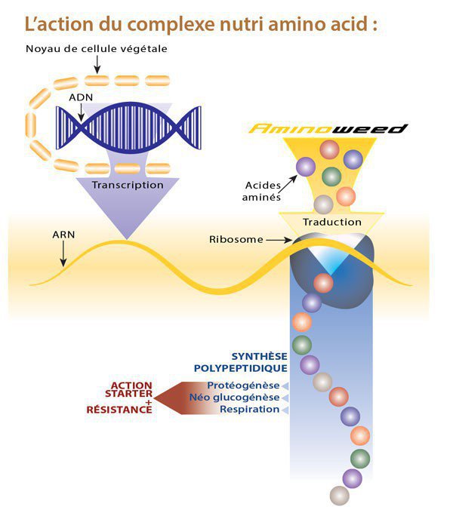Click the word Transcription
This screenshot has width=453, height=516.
click(x=128, y=185)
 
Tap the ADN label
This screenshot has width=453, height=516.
click(x=81, y=97)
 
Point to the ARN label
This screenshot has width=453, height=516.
click(x=63, y=235)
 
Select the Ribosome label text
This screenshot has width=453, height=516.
click(x=236, y=239)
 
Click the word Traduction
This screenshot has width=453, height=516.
click(x=332, y=222)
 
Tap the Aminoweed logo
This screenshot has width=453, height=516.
click(x=328, y=128)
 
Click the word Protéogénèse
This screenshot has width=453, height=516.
click(x=243, y=385)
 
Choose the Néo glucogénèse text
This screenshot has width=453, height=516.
click(x=234, y=398)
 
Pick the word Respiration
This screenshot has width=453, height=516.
click(x=249, y=410)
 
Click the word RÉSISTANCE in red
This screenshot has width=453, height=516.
click(x=119, y=410)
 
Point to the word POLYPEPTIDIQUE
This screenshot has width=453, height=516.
click(x=241, y=368)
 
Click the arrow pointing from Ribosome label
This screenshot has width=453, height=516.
click(x=279, y=240)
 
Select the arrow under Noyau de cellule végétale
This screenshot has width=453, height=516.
click(x=97, y=65)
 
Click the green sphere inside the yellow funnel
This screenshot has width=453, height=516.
click(x=331, y=177)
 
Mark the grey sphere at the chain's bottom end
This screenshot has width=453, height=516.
click(x=339, y=496)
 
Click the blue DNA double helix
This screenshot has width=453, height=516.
click(x=128, y=127)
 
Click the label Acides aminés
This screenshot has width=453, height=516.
click(x=261, y=191)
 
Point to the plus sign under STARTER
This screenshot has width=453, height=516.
click(x=149, y=402)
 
